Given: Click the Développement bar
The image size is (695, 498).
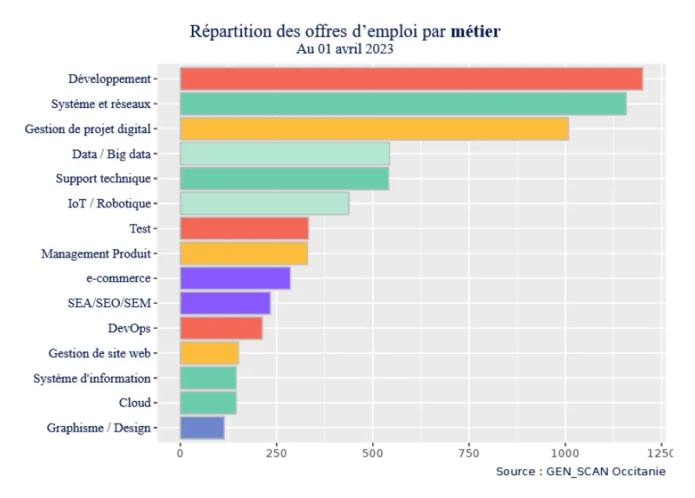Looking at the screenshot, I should pos(411,79).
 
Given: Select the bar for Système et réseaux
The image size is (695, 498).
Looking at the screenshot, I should pos(403,103).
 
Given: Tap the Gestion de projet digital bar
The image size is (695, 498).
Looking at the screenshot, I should pos(374,128).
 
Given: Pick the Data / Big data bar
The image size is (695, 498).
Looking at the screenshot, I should pos(284,153).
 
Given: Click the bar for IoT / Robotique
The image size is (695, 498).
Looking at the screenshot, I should pos(264,204).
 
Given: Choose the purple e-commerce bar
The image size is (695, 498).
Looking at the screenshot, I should pos(235,278).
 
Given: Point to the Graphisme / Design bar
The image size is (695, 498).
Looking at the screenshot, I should pos(202,428).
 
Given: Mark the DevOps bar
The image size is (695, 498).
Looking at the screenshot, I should pos(221,328).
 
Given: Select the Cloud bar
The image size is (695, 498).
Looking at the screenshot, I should pos(208,402).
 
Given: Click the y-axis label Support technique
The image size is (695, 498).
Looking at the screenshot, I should pos(103,179).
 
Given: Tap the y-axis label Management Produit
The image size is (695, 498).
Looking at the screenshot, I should pos(96,254).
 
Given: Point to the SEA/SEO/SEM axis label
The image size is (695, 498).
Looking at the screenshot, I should pos(109,303).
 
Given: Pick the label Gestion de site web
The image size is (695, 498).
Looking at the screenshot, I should pos(99,353).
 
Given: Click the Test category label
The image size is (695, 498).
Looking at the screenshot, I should pos(139,229).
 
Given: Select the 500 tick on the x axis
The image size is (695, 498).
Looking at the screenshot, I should pos(373,453).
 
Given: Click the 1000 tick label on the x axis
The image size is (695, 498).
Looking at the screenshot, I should pos(565,453).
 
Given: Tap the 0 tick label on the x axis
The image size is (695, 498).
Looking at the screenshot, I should pos(180,453).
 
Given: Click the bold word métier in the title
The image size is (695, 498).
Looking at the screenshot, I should pos(476,33).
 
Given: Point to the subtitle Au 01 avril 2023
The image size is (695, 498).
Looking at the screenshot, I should pos(345,49).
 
